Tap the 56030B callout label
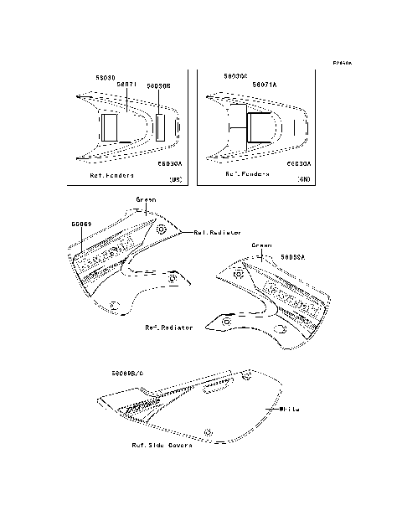point(158,85)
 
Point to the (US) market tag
point(175,179)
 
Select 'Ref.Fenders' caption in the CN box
point(248,174)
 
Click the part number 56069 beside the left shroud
point(81,225)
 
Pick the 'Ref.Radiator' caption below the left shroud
point(168,327)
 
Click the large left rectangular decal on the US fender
point(108,128)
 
